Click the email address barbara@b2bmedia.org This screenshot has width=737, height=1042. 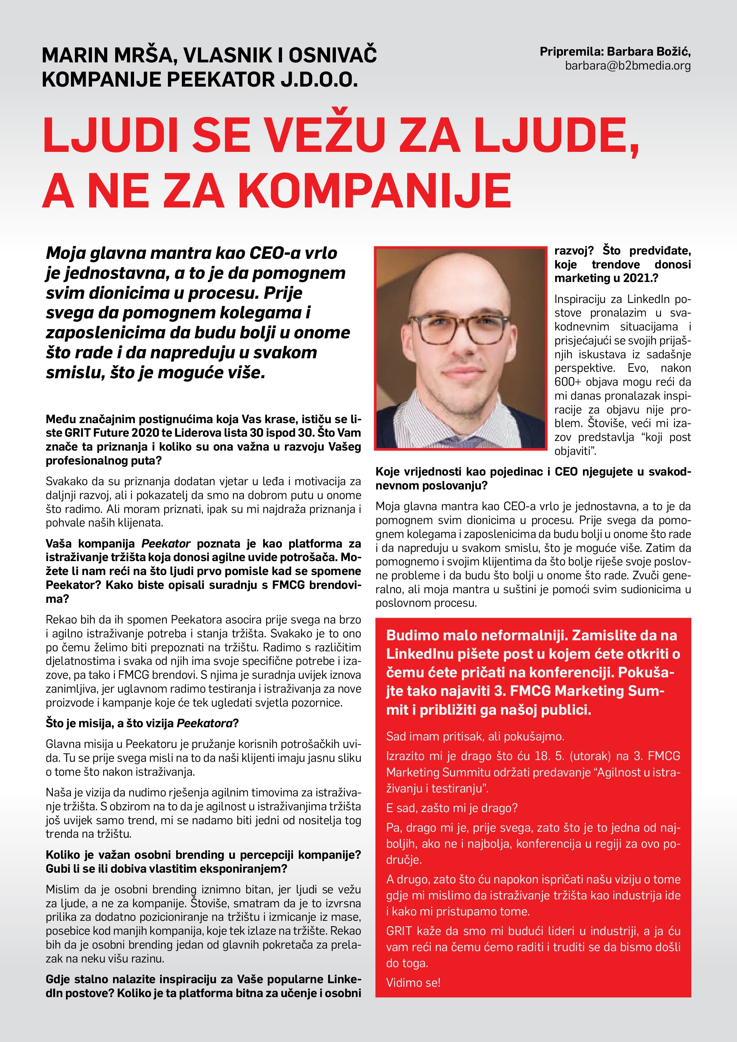pos(628,66)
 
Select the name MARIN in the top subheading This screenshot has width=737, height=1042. pos(74,55)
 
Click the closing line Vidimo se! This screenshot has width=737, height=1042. pos(413,982)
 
